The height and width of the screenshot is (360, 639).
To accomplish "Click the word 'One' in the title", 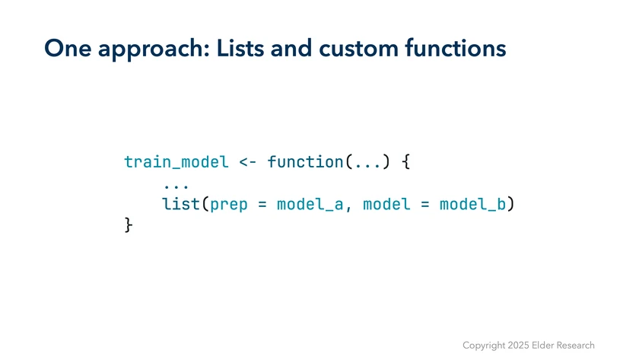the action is pyautogui.click(x=68, y=48).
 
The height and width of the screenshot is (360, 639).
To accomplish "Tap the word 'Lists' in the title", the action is pyautogui.click(x=240, y=48).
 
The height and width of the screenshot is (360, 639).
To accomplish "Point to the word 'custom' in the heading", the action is pyautogui.click(x=358, y=49).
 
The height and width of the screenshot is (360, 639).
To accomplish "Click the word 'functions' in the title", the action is pyautogui.click(x=455, y=48).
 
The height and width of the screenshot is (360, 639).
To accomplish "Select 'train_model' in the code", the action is pyautogui.click(x=176, y=162).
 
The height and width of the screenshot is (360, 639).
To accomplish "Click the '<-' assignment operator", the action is pyautogui.click(x=248, y=162).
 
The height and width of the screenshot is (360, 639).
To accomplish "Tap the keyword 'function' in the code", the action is pyautogui.click(x=305, y=162).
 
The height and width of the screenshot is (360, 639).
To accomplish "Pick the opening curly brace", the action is pyautogui.click(x=405, y=162).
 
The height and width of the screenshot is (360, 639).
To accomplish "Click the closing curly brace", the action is pyautogui.click(x=129, y=225).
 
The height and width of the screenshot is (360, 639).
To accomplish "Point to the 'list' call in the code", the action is pyautogui.click(x=181, y=204).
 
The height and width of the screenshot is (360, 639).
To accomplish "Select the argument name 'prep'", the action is pyautogui.click(x=229, y=205).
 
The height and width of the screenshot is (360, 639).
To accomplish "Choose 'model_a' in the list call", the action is pyautogui.click(x=310, y=204).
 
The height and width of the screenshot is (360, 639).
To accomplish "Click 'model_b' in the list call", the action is pyautogui.click(x=472, y=204).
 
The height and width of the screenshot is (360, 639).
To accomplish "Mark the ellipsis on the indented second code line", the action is pyautogui.click(x=176, y=186).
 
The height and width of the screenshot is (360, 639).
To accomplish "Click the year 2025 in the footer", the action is pyautogui.click(x=518, y=346).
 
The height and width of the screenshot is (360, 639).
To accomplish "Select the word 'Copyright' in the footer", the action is pyautogui.click(x=484, y=346).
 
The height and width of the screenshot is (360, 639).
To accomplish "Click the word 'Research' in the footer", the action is pyautogui.click(x=575, y=346).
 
